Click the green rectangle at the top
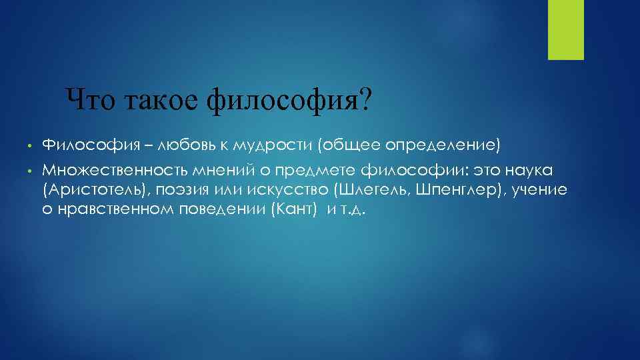click(565, 29)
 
